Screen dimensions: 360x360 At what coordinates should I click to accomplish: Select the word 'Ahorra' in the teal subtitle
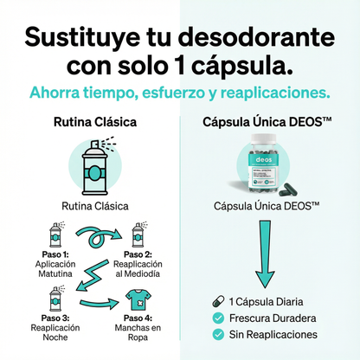click(x=57, y=93)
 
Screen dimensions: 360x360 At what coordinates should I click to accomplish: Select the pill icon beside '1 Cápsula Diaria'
click(x=218, y=301)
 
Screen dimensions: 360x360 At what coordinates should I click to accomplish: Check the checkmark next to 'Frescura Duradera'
click(x=218, y=318)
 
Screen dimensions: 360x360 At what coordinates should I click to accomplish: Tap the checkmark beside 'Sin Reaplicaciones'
click(x=218, y=334)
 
